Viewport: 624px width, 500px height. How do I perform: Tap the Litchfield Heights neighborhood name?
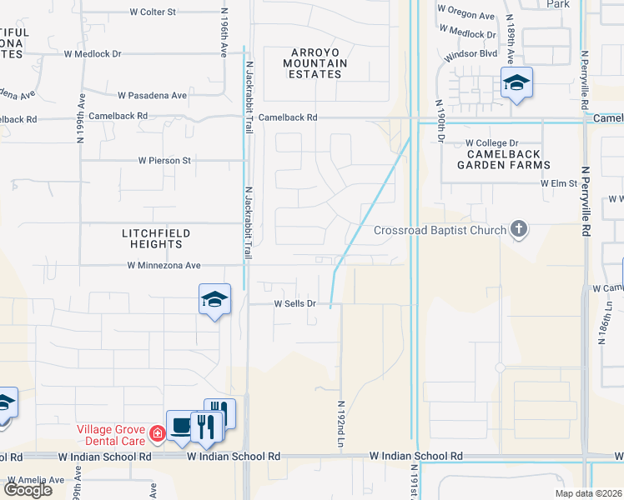[x=156, y=238]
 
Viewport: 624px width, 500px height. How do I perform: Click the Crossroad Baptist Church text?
[x=440, y=230]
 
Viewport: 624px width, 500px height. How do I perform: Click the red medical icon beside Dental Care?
[x=157, y=433]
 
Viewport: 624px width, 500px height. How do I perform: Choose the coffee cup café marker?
[x=181, y=426]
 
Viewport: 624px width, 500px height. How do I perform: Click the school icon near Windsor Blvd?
[x=516, y=83]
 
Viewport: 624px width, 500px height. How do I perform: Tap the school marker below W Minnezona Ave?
[x=214, y=299]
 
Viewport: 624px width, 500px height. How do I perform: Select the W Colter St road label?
[x=153, y=12]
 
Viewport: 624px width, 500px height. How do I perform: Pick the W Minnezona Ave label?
[x=164, y=266]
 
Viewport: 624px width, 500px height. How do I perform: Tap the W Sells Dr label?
[x=295, y=304]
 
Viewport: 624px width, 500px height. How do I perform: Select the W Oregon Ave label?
[x=466, y=15]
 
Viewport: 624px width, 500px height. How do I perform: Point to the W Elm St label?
[x=558, y=182]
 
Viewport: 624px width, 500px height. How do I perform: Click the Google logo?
[x=28, y=490]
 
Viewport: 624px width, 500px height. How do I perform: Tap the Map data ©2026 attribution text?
[x=588, y=493]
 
